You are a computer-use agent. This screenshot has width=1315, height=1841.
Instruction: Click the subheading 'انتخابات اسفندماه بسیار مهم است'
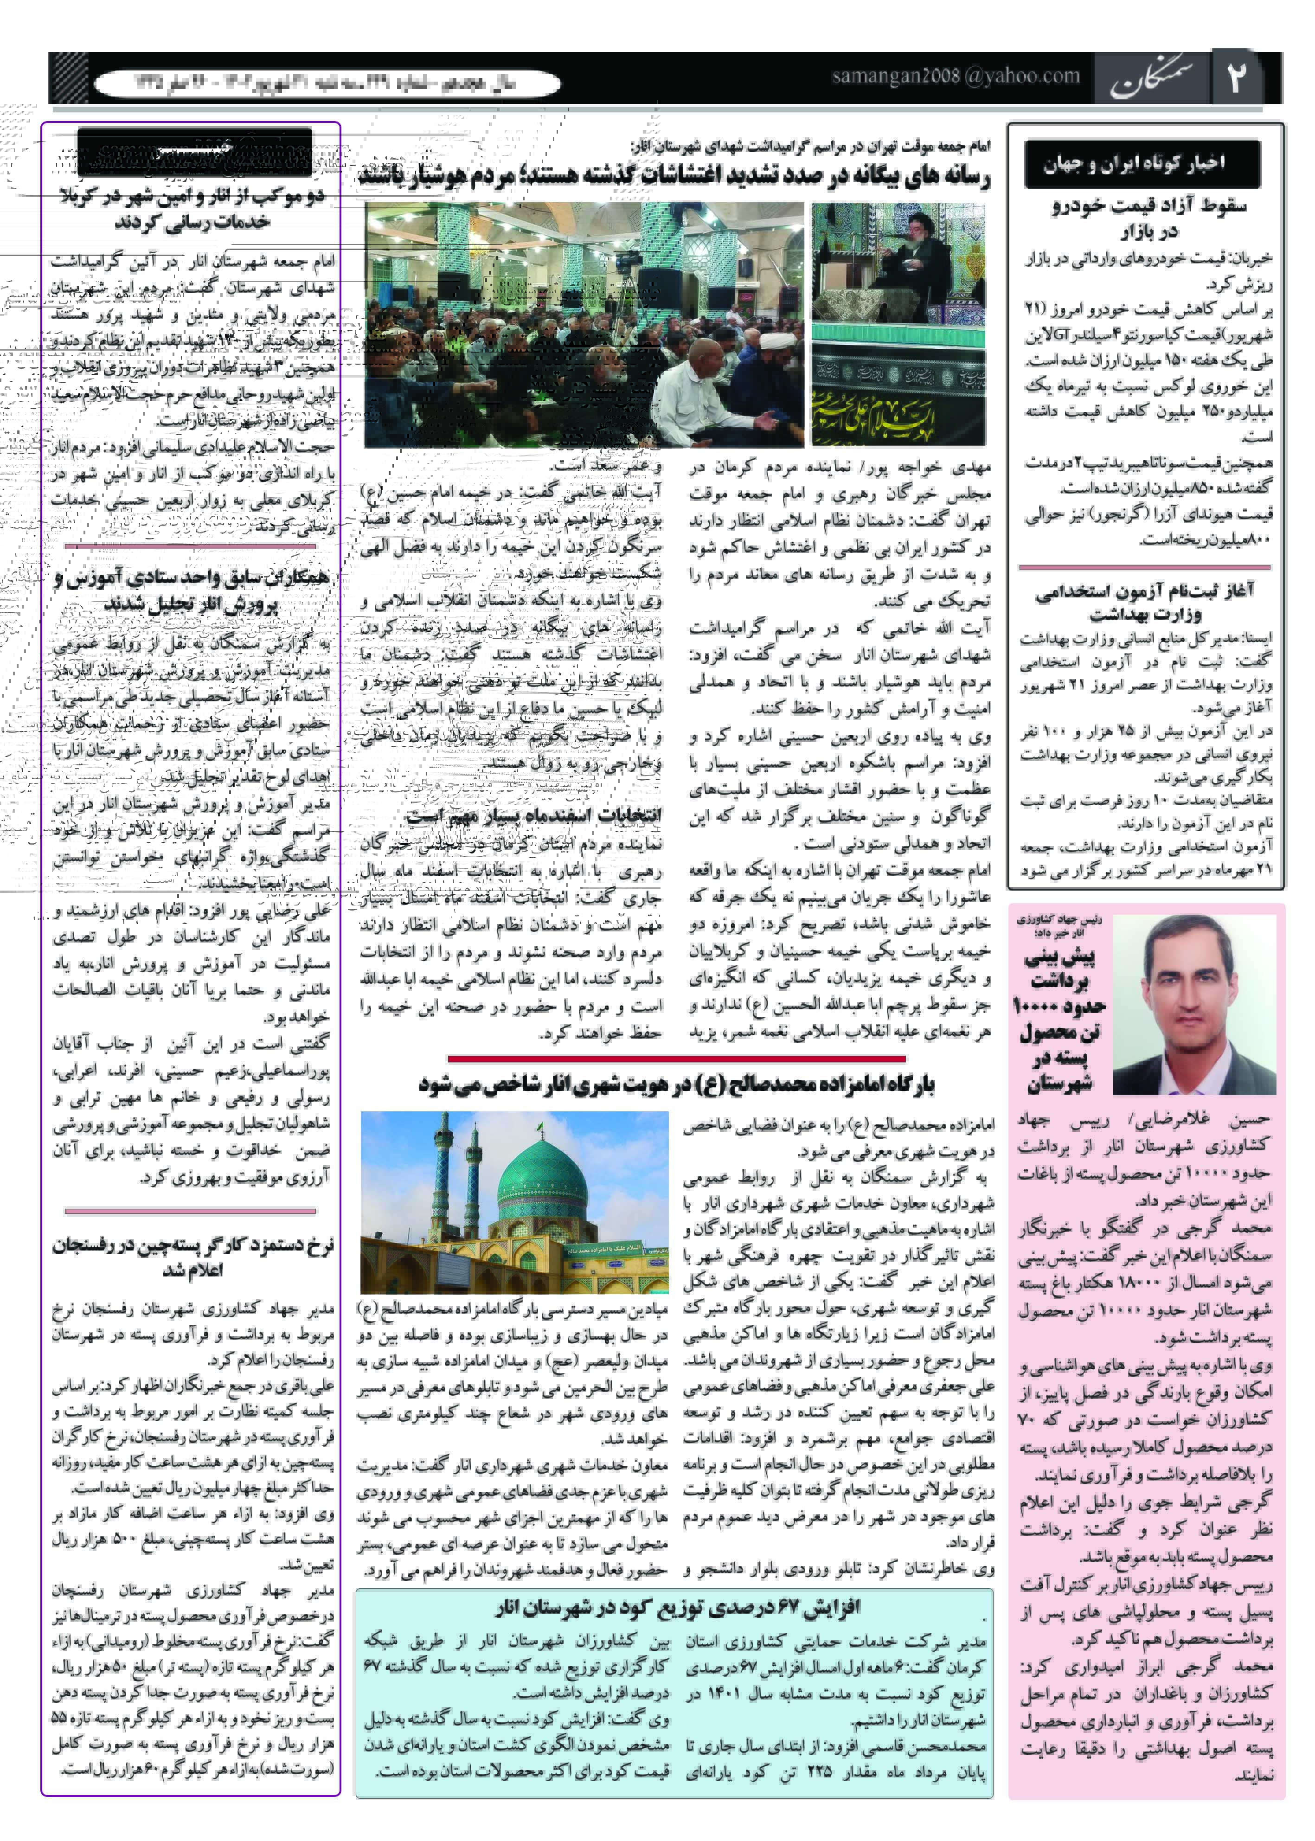click(x=534, y=815)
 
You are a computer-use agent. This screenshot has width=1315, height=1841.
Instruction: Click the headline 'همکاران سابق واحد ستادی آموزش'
click(x=192, y=590)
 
